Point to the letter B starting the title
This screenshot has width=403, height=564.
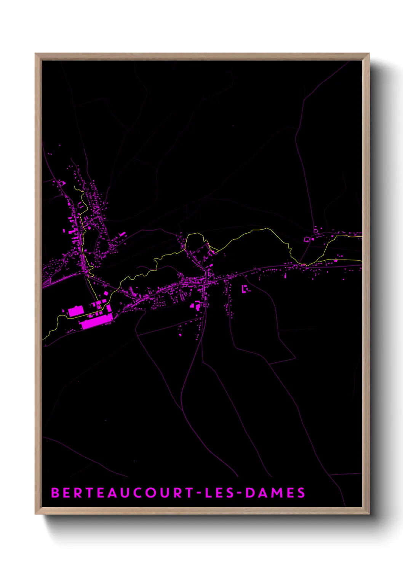(55, 493)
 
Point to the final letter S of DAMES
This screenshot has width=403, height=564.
(301, 493)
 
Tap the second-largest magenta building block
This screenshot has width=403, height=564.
(76, 311)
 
